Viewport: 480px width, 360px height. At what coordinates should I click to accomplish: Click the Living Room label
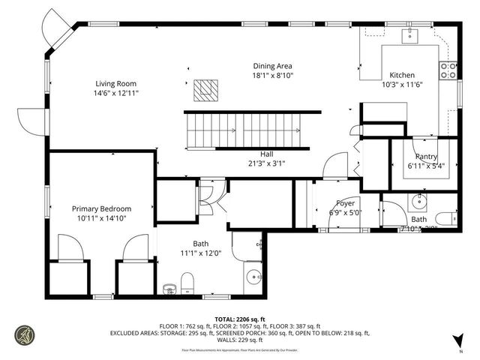tap(116, 83)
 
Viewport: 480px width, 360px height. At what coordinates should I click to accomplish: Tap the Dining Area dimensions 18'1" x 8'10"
tap(271, 76)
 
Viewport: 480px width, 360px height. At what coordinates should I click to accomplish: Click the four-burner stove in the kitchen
tap(448, 70)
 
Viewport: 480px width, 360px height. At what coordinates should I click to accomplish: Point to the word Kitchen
tap(401, 75)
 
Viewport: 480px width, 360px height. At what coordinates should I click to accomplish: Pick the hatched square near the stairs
tap(204, 91)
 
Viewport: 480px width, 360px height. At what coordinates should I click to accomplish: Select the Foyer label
tap(345, 202)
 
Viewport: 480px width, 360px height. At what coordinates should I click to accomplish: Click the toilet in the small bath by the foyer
tap(445, 218)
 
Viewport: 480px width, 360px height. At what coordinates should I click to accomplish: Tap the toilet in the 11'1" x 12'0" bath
tap(188, 283)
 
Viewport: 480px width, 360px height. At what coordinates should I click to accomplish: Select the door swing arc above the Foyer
tap(336, 165)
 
